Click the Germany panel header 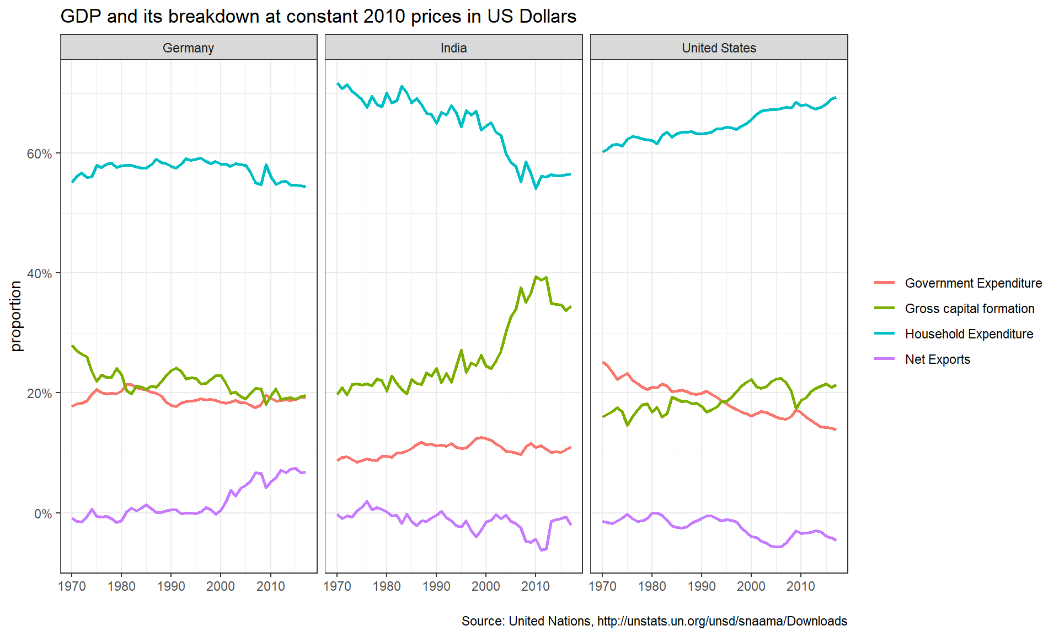[188, 47]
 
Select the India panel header [453, 47]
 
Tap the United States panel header [719, 47]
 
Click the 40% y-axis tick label [39, 273]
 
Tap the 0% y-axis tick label [43, 513]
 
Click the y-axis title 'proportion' [16, 316]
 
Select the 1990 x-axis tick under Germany [171, 586]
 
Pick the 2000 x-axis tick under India [486, 586]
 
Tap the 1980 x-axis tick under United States [652, 586]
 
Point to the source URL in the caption [722, 621]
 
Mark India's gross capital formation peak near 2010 [536, 277]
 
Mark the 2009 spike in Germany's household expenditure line [266, 165]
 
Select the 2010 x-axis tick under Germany [270, 586]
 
